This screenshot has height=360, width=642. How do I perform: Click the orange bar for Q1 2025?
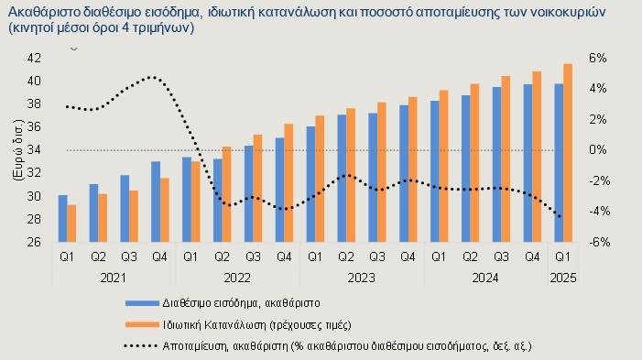click(568, 153)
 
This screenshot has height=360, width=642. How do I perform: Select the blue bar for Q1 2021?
click(62, 218)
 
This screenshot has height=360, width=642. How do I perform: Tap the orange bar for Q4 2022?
click(288, 182)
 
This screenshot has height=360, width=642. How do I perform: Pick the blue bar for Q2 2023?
click(342, 178)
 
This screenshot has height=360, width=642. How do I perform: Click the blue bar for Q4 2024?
click(528, 163)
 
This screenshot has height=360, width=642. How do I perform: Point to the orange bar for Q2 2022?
click(227, 194)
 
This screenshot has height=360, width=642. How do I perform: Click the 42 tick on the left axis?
click(34, 58)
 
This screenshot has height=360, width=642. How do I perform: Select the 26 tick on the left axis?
click(34, 242)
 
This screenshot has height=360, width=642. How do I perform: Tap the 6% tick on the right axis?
click(598, 58)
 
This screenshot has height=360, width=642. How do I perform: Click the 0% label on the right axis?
click(598, 150)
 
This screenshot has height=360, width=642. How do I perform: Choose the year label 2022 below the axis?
click(237, 278)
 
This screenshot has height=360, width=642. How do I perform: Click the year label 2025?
click(563, 278)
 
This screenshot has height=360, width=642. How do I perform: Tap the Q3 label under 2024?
click(501, 256)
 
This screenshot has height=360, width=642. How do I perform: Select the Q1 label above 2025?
click(563, 256)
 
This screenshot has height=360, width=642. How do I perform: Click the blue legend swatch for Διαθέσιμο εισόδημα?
click(142, 303)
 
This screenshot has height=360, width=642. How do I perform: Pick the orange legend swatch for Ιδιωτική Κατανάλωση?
click(142, 325)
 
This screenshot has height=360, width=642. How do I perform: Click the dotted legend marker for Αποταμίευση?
click(141, 346)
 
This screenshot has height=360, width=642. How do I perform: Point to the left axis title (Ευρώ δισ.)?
click(18, 150)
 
